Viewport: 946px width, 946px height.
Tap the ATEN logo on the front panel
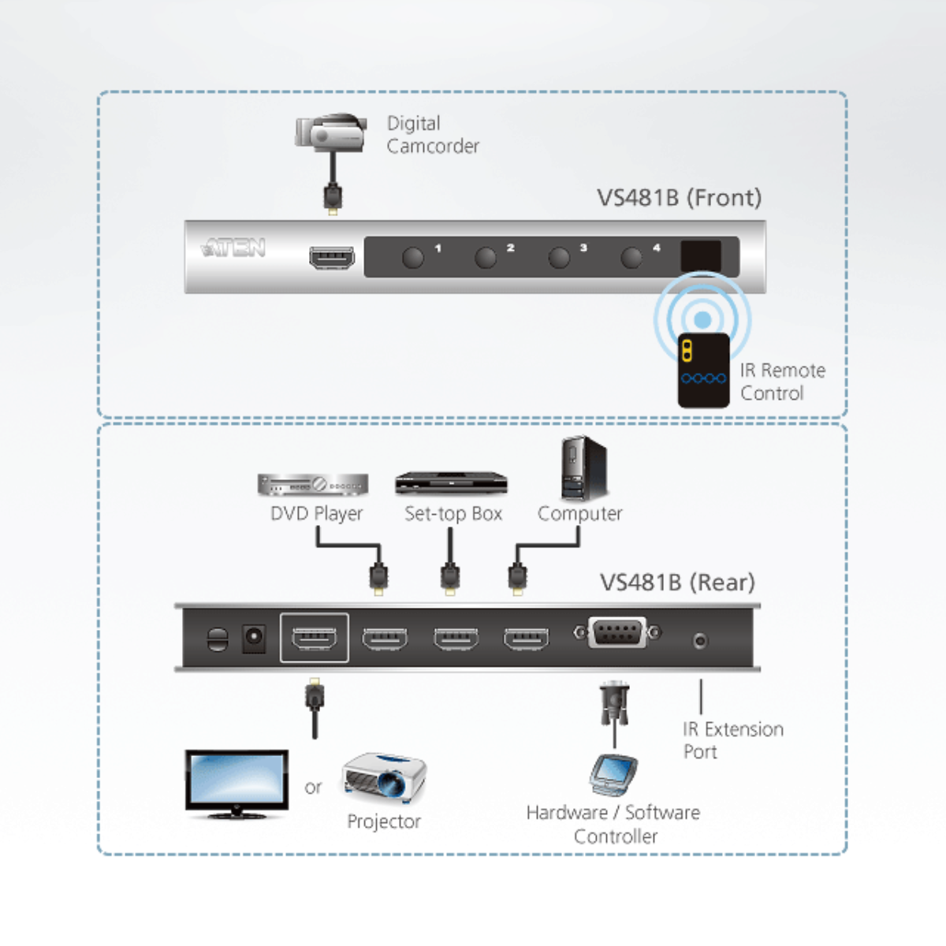(x=233, y=248)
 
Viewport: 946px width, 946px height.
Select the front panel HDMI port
(x=331, y=257)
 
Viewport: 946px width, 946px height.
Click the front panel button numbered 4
(x=631, y=257)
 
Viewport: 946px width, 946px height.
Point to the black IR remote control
(x=703, y=371)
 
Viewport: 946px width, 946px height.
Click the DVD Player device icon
(x=313, y=485)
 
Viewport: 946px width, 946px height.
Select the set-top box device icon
(x=451, y=483)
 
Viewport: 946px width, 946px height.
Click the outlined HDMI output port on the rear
(x=314, y=637)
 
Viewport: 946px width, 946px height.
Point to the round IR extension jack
(x=700, y=640)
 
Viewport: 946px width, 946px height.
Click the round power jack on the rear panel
(x=253, y=639)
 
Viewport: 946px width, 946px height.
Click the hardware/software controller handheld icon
(x=613, y=776)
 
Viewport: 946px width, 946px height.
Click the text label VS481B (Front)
(x=679, y=198)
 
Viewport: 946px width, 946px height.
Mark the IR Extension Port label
(x=732, y=740)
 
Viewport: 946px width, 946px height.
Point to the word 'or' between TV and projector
(x=313, y=788)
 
